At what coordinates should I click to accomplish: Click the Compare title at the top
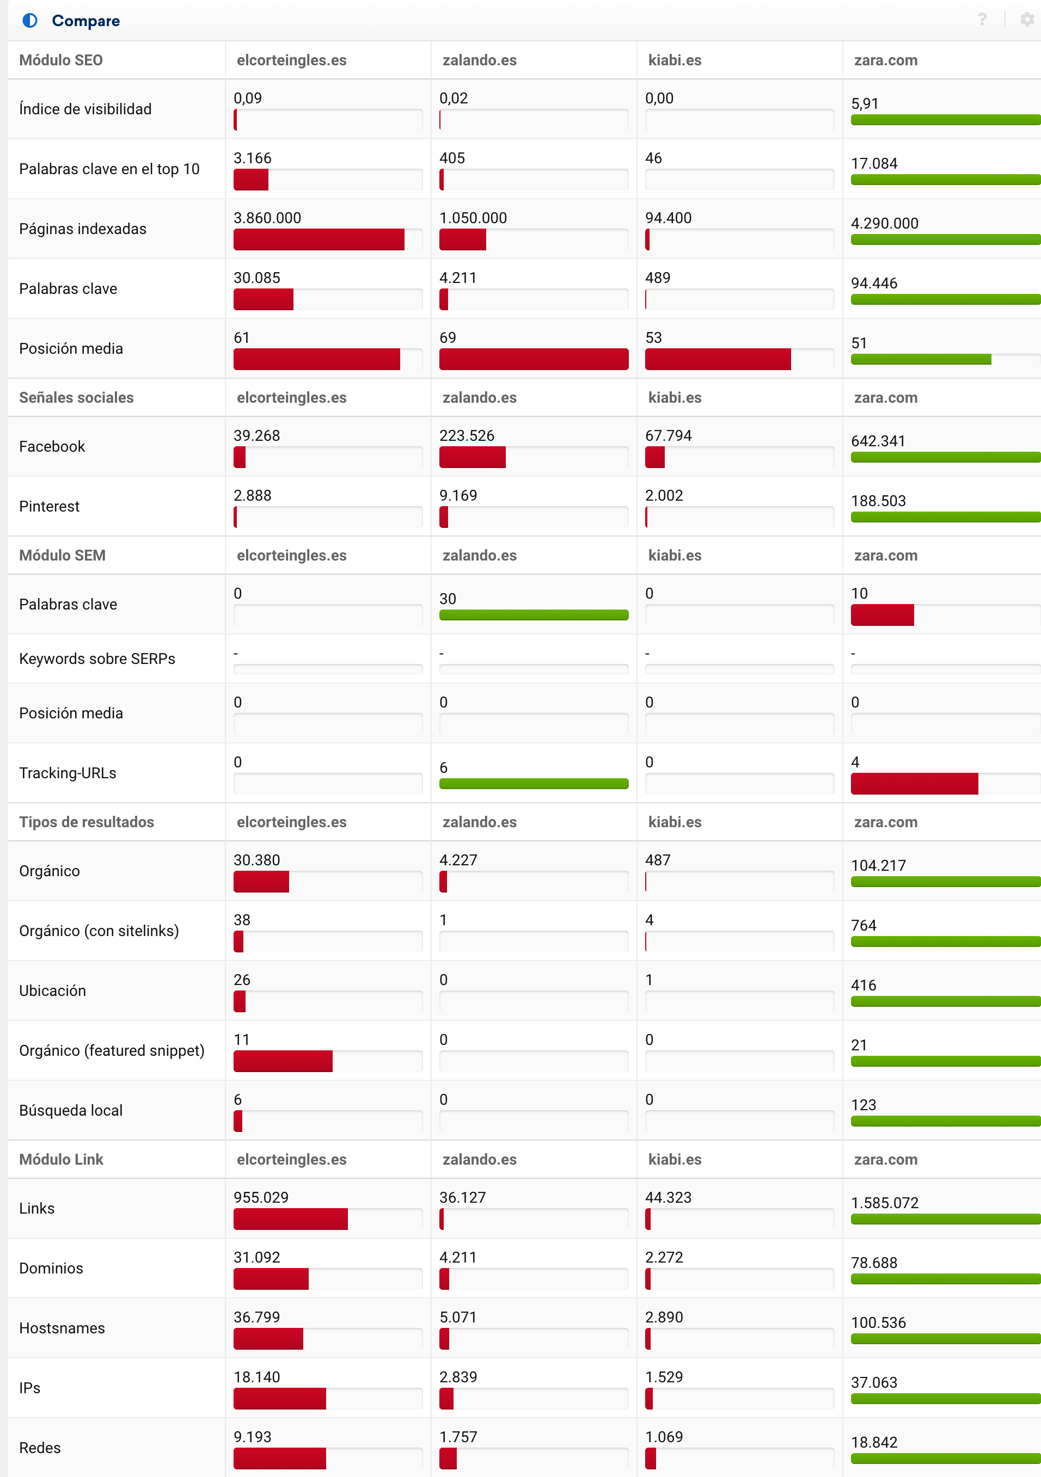coord(85,21)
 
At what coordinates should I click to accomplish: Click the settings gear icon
coord(1027,19)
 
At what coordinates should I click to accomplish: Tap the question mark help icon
coord(982,19)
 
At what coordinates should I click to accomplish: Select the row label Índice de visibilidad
coord(85,109)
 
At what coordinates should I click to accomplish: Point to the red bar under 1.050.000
coord(463,240)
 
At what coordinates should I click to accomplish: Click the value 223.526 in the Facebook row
coord(467,435)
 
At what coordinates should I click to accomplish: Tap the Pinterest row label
coord(50,506)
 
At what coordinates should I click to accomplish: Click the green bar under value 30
coord(534,615)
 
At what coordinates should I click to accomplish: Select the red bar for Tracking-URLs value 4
coord(914,784)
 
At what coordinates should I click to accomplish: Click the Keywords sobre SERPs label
coord(97,659)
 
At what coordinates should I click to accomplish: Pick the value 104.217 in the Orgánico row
coord(878,865)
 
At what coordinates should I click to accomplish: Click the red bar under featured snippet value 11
coord(283,1061)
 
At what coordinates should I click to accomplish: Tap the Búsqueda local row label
coord(71,1110)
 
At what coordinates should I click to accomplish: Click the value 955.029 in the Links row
coord(261,1197)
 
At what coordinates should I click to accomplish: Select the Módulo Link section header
coord(61,1159)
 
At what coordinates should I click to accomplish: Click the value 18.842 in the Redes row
coord(874,1442)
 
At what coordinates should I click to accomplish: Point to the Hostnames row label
coord(62,1328)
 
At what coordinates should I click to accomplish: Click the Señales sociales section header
coord(77,398)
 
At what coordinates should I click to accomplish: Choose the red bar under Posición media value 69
coord(534,359)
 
